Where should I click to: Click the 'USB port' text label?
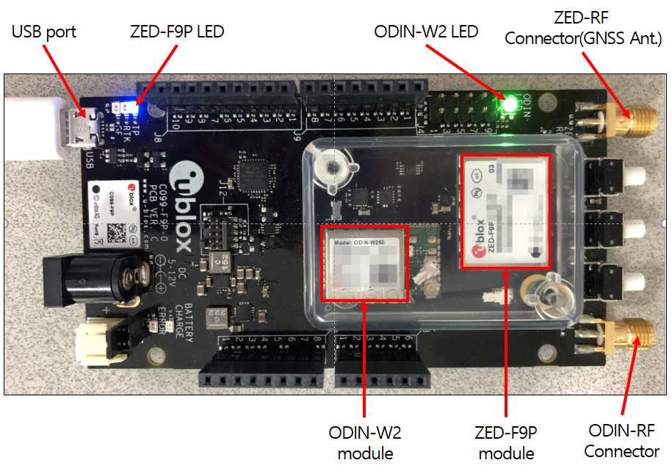click(x=44, y=32)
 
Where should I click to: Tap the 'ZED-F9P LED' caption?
click(x=177, y=32)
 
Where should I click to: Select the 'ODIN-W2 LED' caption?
click(x=426, y=32)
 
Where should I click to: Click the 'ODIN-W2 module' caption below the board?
click(x=365, y=442)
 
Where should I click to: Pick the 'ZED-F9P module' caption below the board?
click(x=506, y=442)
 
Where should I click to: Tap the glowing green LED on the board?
click(x=508, y=104)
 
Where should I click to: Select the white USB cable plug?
click(x=37, y=129)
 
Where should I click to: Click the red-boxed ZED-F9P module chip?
click(x=505, y=211)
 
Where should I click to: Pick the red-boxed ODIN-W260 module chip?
click(x=365, y=263)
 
